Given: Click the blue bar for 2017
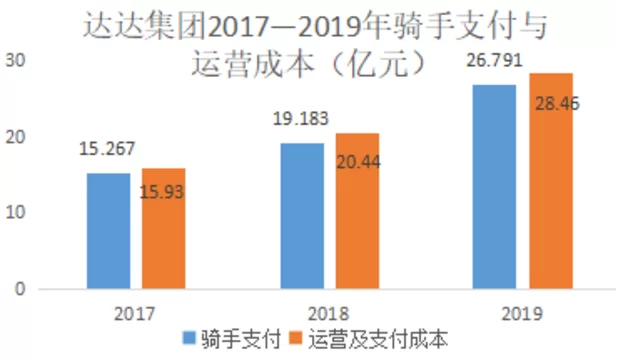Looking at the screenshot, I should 108,231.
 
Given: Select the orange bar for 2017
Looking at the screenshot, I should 163,228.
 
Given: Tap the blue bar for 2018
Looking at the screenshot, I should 302,216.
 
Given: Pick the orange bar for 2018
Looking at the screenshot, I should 357,211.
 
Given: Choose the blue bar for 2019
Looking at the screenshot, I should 495,187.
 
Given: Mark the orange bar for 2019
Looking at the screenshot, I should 551,181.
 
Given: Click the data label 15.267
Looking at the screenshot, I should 107,150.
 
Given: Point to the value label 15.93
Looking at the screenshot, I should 164,190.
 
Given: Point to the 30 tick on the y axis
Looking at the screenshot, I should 17,61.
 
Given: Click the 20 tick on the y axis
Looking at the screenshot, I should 17,137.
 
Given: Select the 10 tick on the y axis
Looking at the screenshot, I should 17,213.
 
